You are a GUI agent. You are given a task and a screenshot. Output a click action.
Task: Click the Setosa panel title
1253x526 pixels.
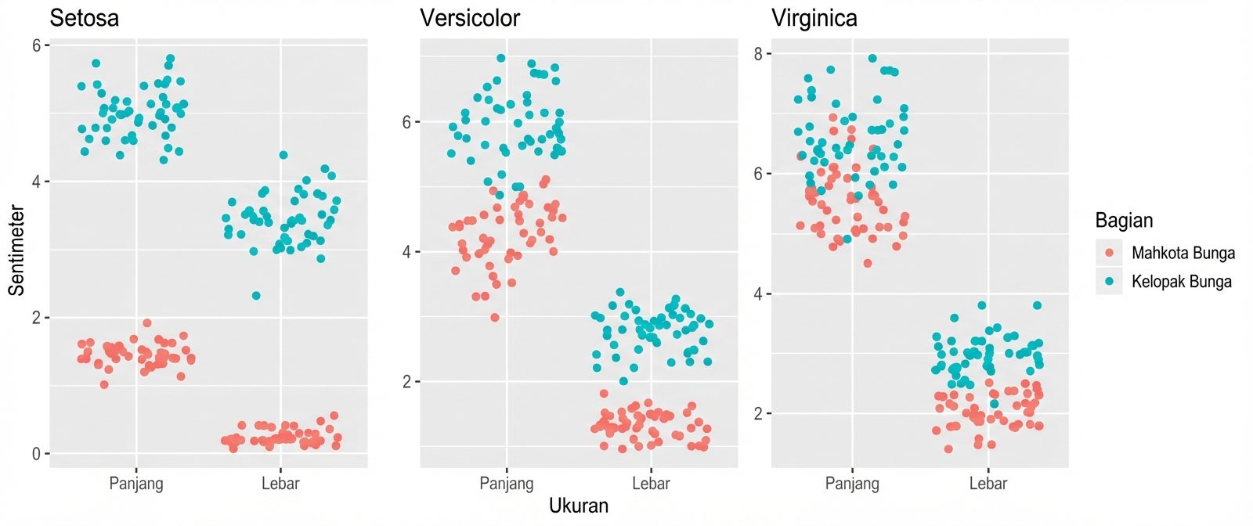tap(84, 18)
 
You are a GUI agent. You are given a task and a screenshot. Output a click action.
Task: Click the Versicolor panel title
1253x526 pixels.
tap(469, 18)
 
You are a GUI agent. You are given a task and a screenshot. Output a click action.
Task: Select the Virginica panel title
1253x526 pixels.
tap(814, 18)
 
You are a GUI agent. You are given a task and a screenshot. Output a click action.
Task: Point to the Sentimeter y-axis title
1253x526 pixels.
tap(16, 250)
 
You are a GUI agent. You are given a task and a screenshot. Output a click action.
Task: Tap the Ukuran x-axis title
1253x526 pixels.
tap(578, 506)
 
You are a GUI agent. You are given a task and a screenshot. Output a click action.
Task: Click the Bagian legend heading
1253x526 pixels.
tap(1124, 221)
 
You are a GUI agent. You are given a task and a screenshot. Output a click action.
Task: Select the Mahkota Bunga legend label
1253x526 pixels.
tap(1183, 253)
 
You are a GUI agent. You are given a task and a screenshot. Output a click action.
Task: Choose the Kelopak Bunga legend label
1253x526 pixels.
tap(1181, 282)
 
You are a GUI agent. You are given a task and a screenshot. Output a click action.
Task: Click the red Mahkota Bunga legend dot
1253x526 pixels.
tap(1109, 253)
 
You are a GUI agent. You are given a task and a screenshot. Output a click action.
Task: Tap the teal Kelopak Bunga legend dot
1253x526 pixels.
tap(1109, 281)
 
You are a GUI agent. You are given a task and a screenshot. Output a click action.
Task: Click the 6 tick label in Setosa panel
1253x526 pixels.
tap(37, 45)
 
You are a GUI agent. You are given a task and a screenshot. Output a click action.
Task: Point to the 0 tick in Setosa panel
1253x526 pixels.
tap(37, 454)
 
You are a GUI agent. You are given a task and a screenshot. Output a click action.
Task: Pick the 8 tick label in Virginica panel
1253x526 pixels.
tap(758, 54)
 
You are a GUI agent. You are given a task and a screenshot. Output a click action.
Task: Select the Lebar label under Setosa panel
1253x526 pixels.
tap(280, 484)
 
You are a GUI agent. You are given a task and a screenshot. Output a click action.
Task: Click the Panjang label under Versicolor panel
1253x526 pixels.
tap(506, 484)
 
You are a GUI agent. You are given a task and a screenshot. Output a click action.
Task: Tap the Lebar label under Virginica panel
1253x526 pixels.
tap(988, 484)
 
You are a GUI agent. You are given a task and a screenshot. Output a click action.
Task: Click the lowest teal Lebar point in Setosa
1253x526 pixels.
tap(256, 296)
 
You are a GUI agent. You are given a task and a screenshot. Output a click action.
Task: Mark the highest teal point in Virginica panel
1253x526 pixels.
tap(872, 59)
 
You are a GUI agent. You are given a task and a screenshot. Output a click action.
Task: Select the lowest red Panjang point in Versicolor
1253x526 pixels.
tap(495, 318)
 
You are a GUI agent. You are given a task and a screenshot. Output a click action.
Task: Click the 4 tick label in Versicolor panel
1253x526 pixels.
tap(407, 252)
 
